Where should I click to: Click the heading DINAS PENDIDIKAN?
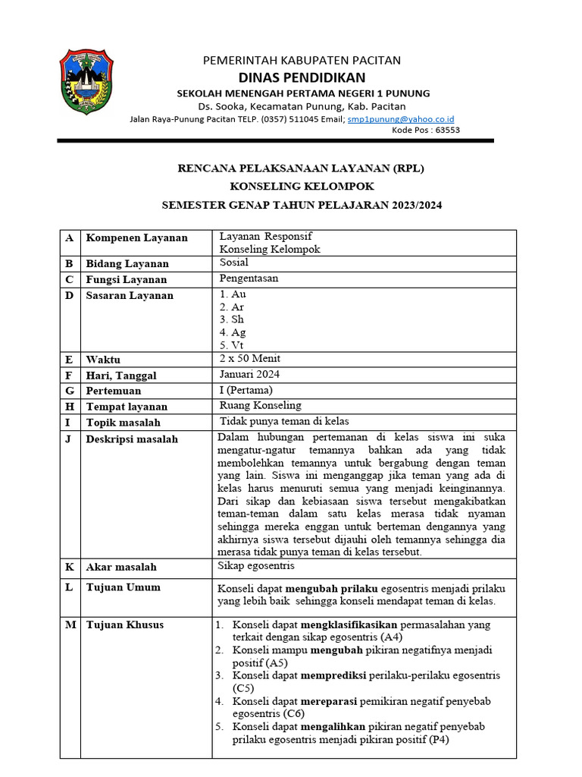[x=302, y=77]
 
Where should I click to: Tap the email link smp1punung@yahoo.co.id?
[x=400, y=119]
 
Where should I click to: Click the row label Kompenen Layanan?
[x=136, y=238]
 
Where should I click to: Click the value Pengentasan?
[x=249, y=278]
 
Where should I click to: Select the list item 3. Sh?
[x=232, y=319]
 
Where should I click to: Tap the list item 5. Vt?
[x=232, y=345]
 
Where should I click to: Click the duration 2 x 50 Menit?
[x=250, y=358]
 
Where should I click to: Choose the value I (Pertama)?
[x=246, y=390]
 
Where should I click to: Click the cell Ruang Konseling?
[x=260, y=406]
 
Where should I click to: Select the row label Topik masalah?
[x=123, y=423]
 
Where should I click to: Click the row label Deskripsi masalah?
[x=132, y=439]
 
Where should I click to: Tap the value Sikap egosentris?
[x=256, y=566]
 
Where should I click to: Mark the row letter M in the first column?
[x=70, y=625]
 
